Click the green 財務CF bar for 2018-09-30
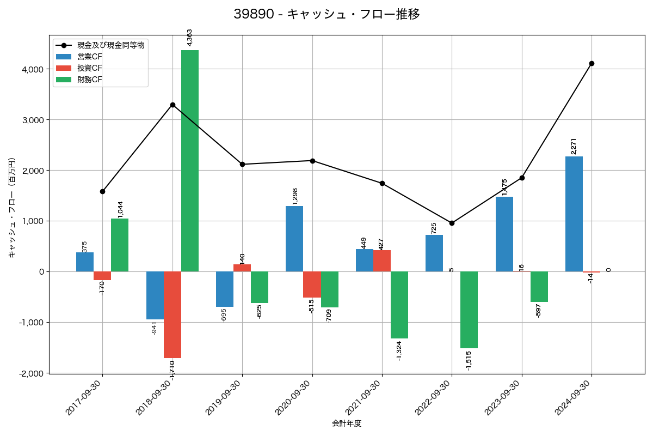click(190, 161)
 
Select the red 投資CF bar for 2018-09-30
click(173, 314)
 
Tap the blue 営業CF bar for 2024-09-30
click(574, 214)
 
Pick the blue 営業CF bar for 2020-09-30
click(294, 239)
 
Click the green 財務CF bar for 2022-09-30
click(469, 310)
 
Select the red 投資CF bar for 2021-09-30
click(382, 261)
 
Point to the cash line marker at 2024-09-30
click(592, 63)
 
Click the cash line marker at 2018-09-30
click(173, 105)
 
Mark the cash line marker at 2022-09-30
click(452, 223)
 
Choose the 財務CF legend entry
click(90, 80)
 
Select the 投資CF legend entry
click(90, 68)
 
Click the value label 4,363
click(190, 38)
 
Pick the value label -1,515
click(469, 360)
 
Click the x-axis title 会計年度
click(347, 423)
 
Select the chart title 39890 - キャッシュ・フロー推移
click(326, 14)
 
